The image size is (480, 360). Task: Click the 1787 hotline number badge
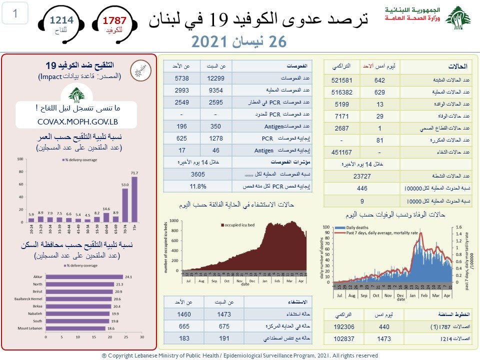click(114, 24)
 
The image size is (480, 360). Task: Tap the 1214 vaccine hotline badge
click(61, 23)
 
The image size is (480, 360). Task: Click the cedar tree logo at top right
click(457, 19)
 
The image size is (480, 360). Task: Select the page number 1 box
click(15, 14)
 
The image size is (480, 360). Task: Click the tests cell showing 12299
click(215, 78)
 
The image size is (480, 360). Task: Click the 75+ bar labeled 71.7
click(134, 199)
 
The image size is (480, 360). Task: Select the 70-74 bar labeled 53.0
click(125, 205)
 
